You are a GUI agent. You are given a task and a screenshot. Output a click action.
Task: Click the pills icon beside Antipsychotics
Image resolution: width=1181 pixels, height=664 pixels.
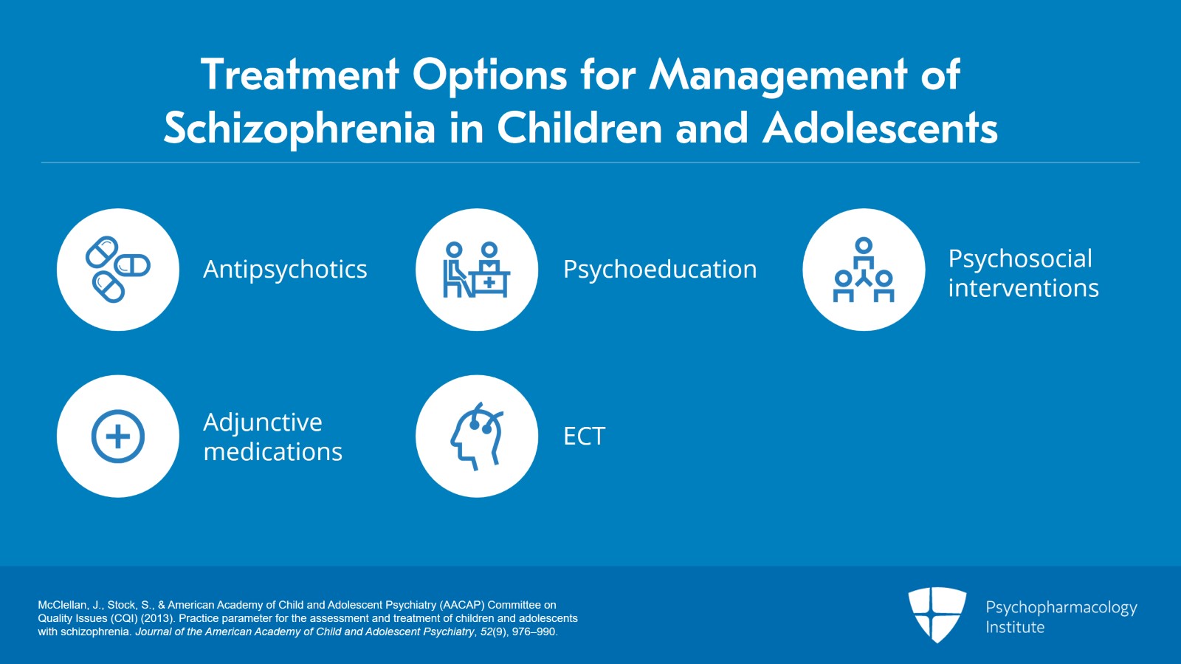[118, 270]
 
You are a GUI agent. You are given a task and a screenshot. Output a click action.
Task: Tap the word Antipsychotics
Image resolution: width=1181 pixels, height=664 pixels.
[285, 270]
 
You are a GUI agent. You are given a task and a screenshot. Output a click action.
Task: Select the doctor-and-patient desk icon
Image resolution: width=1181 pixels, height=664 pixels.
[477, 270]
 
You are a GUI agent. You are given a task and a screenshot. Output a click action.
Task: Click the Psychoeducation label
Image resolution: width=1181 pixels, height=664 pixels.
[660, 270]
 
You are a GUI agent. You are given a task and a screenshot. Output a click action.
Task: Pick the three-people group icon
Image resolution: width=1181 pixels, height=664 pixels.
[864, 270]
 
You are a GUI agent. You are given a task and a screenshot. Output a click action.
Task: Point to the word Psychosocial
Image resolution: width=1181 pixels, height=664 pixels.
[1020, 259]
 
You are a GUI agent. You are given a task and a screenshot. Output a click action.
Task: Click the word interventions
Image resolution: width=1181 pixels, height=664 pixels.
[1023, 289]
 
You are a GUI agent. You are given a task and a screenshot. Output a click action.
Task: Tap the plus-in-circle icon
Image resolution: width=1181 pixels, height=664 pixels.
[118, 437]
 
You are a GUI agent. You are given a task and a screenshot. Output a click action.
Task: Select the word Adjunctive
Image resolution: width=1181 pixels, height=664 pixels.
[263, 422]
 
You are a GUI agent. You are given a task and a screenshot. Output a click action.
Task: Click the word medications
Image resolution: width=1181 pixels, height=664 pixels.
[273, 452]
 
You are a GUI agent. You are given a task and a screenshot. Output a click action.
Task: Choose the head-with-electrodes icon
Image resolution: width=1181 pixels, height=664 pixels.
[477, 437]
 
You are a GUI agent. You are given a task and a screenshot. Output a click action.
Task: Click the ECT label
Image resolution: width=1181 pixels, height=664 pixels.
[584, 437]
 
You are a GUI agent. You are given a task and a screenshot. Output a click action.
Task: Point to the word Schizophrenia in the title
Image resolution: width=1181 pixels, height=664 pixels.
[300, 129]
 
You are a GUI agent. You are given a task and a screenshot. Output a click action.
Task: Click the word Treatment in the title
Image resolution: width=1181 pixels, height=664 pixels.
[300, 75]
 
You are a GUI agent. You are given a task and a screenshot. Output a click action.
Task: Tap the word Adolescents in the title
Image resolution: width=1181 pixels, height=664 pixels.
[881, 128]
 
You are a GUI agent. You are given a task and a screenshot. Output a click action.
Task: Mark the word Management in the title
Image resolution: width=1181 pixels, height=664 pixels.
[778, 76]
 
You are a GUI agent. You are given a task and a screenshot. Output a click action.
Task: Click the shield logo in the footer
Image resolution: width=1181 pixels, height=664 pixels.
[937, 615]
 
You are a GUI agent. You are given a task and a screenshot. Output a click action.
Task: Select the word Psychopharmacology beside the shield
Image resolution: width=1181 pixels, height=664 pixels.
[1061, 608]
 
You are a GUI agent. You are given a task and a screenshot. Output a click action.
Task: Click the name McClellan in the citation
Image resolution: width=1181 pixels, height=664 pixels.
[60, 605]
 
